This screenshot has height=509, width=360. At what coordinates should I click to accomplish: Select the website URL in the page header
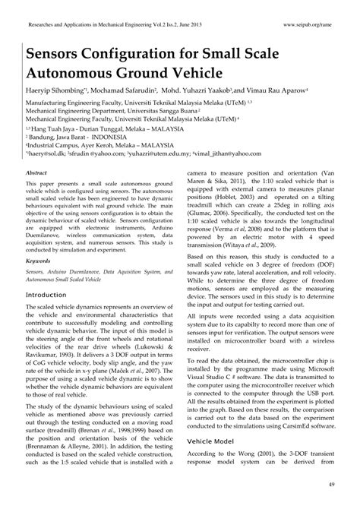[311, 25]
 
